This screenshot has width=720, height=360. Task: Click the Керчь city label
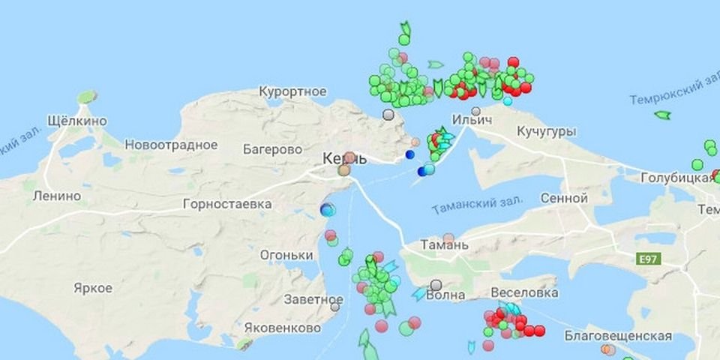[x=344, y=158]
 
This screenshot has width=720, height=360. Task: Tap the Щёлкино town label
[x=76, y=121]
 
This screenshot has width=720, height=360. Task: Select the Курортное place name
[x=292, y=91]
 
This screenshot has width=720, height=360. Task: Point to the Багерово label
[x=272, y=149]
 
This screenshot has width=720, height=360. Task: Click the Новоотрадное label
[x=171, y=145]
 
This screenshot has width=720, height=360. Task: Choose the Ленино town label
[x=57, y=196]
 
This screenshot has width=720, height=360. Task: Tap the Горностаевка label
[x=227, y=204]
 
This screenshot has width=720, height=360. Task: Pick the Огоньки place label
[x=286, y=255]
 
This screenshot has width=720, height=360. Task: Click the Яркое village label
[x=93, y=288]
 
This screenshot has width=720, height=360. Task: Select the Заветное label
[x=313, y=298]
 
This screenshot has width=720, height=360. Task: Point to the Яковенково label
[x=283, y=328]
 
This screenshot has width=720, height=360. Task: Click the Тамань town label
[x=445, y=244]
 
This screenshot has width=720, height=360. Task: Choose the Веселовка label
[x=524, y=292]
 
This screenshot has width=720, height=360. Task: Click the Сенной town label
[x=563, y=199]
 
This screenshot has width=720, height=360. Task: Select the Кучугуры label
[x=546, y=132]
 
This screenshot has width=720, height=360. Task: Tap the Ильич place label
[x=472, y=120]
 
